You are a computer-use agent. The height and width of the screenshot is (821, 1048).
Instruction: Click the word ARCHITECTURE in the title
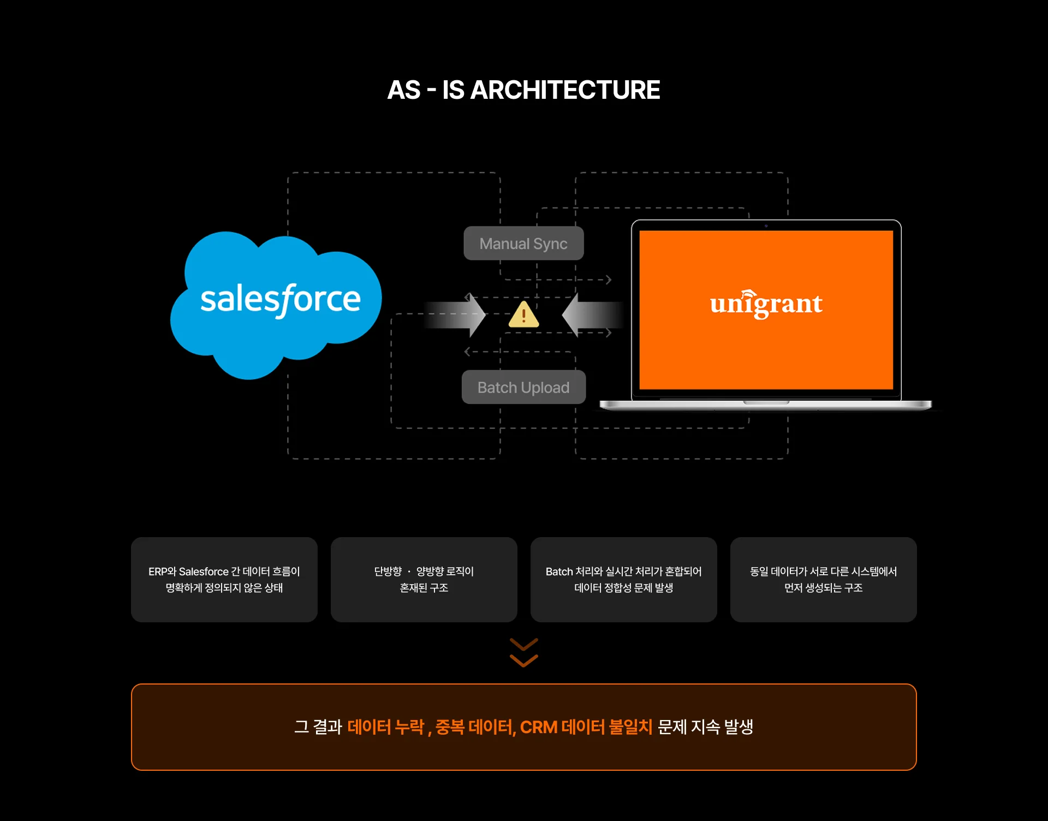(x=565, y=90)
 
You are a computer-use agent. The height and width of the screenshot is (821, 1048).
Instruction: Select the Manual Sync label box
(x=523, y=243)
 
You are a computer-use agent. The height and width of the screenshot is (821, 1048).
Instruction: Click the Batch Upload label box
(x=523, y=388)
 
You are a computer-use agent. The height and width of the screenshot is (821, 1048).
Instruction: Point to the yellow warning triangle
(x=523, y=316)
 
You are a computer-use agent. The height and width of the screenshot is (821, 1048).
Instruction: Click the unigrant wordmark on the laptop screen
(x=766, y=304)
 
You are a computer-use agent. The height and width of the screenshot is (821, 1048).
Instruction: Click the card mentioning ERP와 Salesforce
(x=224, y=580)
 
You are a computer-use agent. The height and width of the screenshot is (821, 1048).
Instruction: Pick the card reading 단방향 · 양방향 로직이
(x=424, y=580)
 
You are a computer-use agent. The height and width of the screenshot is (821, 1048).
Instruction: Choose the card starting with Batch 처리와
(x=624, y=580)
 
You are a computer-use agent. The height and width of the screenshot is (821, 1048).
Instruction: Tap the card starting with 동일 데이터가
(x=824, y=580)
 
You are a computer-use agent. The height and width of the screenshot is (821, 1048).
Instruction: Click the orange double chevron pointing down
(x=523, y=653)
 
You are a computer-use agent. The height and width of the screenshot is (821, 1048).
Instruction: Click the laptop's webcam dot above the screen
(x=766, y=225)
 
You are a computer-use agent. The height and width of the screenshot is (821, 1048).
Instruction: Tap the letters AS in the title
(x=404, y=90)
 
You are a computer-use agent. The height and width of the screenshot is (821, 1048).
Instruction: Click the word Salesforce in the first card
(x=204, y=572)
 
